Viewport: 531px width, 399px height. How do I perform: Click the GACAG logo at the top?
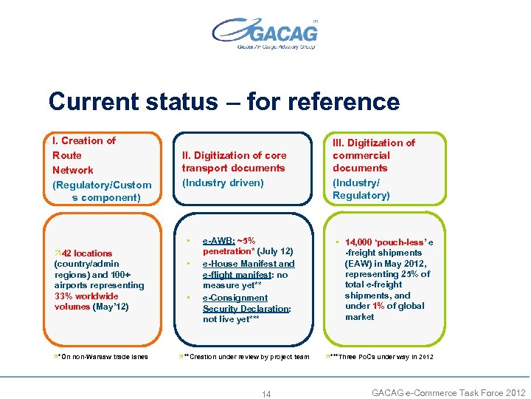tap(265, 33)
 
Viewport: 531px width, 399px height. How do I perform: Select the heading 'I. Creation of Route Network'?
tap(84, 155)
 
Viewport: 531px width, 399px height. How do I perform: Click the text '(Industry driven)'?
tap(223, 182)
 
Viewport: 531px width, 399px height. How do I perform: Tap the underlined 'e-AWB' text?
tap(219, 241)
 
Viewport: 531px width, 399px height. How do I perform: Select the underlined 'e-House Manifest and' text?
tap(249, 263)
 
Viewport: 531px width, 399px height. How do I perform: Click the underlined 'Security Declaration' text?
tap(246, 309)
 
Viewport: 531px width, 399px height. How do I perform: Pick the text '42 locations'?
tap(86, 253)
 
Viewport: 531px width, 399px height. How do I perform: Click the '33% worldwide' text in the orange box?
tap(86, 296)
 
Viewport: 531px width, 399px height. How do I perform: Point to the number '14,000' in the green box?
tap(358, 242)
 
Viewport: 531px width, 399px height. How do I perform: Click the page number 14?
tap(266, 394)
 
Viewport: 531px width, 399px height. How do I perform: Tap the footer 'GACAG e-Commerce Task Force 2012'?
tap(448, 392)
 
